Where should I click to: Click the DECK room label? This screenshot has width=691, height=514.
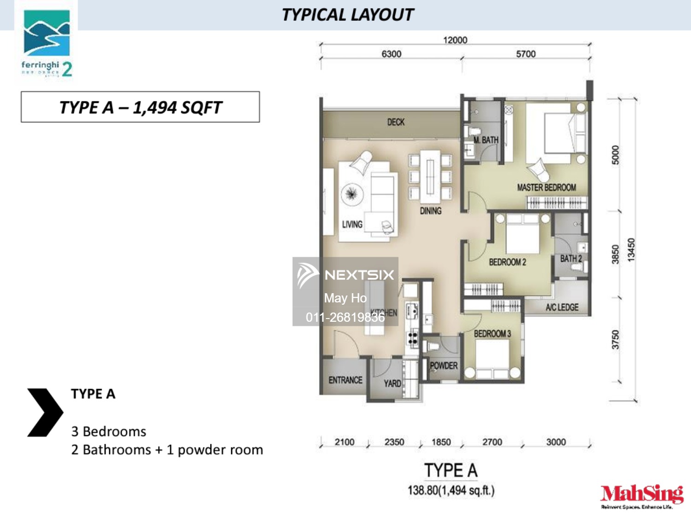(x=396, y=122)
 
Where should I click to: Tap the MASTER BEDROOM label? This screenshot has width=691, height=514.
(x=546, y=188)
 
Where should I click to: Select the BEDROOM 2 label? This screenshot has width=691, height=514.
(x=507, y=262)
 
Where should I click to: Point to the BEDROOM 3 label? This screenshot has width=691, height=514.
(x=492, y=334)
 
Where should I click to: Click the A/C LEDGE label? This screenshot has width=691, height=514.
(x=562, y=307)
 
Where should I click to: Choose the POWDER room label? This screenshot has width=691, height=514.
(x=444, y=366)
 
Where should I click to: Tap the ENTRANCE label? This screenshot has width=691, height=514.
(x=345, y=380)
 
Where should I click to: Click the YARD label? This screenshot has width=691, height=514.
(x=392, y=384)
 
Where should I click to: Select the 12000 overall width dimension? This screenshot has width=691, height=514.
(x=455, y=40)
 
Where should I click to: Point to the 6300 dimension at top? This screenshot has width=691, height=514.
(x=391, y=54)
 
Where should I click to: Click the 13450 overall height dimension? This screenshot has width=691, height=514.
(x=631, y=249)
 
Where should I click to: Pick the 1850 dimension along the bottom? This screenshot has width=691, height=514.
(x=441, y=442)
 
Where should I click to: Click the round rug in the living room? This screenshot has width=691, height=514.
(x=352, y=194)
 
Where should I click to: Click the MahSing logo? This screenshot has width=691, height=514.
(x=642, y=495)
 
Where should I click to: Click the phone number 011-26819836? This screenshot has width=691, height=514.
(x=345, y=317)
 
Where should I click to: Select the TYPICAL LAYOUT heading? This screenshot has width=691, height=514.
(x=348, y=15)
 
